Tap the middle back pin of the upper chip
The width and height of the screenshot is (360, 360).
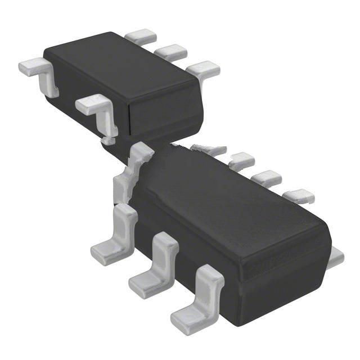(170, 53)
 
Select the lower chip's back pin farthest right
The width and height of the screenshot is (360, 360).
(298, 196)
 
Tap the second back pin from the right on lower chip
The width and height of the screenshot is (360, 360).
(266, 179)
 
